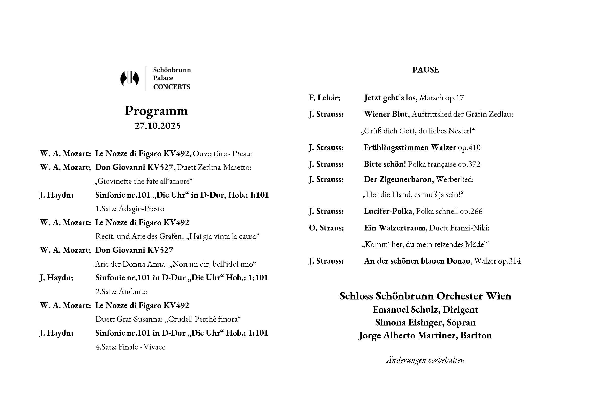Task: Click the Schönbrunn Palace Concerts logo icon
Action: coord(129,78)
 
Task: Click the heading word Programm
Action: coord(156,111)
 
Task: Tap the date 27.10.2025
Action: coord(157,126)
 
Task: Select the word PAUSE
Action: coord(425,70)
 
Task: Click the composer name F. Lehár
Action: coord(324,98)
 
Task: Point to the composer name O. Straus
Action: coord(326,228)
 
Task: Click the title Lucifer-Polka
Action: coord(388,211)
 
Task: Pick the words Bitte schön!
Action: coord(385,164)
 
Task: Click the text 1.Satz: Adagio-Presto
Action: coord(130,208)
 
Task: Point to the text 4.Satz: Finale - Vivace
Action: coord(130,347)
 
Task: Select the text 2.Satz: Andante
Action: coord(121,291)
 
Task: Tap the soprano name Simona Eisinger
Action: coord(409,322)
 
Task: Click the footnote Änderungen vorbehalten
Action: coord(425,360)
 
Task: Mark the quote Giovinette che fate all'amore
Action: coord(143,181)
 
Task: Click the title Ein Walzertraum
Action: coord(394,228)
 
